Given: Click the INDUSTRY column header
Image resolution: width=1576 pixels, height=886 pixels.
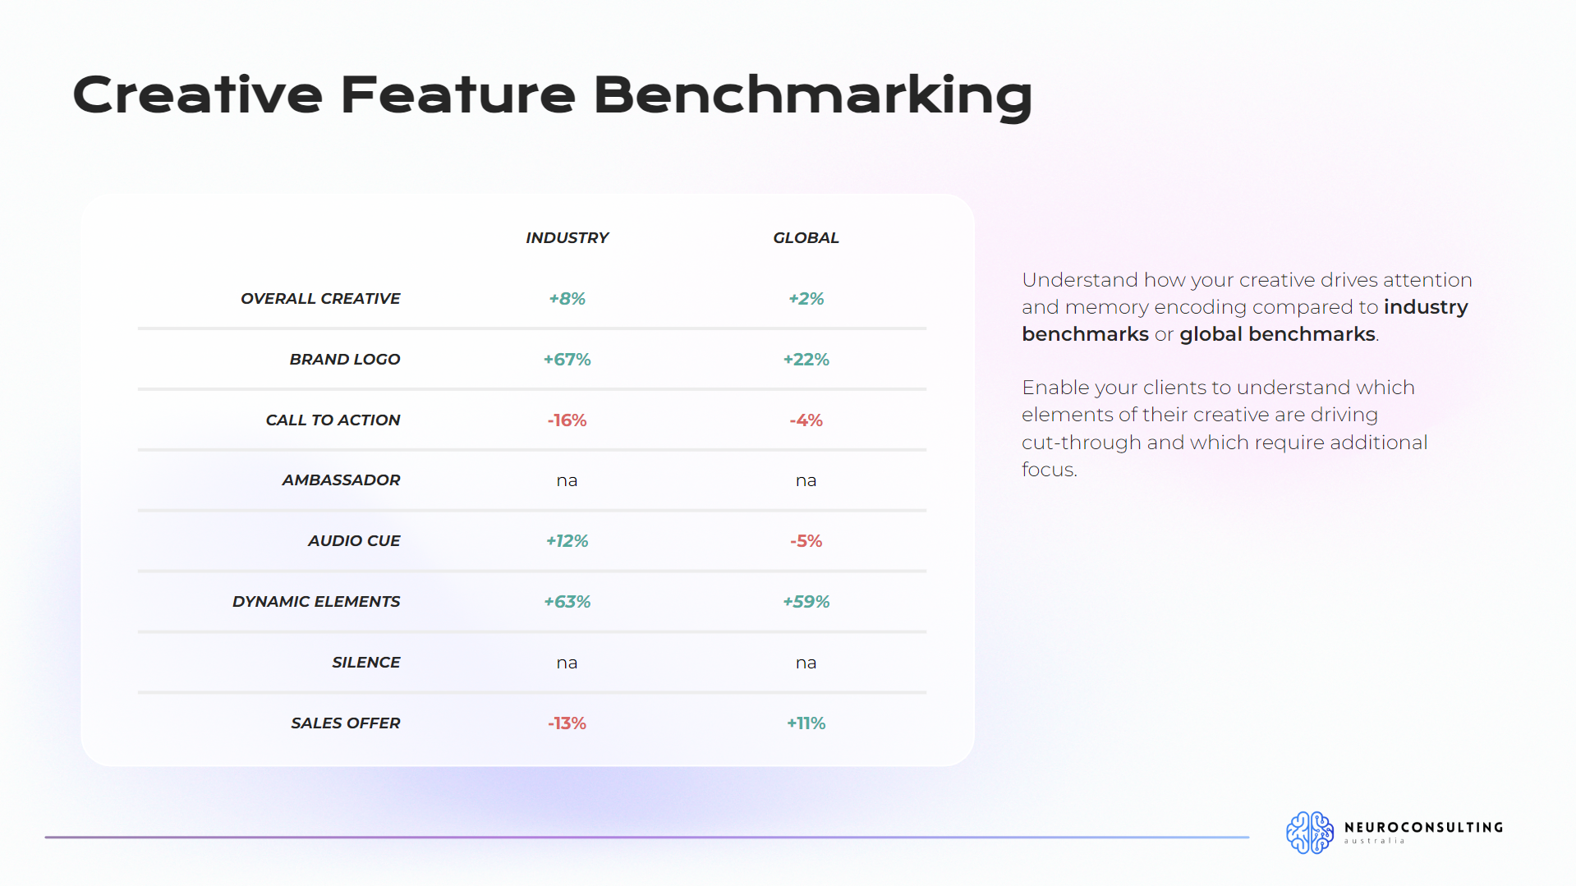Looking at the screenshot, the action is (x=567, y=237).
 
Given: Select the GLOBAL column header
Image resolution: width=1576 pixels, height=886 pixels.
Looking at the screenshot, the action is (x=806, y=237).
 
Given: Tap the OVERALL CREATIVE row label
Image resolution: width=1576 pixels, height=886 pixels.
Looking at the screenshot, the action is (x=320, y=298).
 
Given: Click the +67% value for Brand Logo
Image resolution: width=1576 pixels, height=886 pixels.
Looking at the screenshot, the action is (x=567, y=359).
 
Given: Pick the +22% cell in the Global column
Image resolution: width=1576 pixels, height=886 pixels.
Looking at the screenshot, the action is (x=806, y=359).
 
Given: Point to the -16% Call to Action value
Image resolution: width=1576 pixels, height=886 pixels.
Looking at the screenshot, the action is (x=567, y=420).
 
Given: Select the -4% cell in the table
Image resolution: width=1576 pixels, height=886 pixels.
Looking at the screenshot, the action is (x=806, y=420).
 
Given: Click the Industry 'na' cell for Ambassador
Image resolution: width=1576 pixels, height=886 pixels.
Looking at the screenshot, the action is (x=567, y=480).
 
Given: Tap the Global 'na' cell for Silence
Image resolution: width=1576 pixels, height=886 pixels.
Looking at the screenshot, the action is (x=806, y=663).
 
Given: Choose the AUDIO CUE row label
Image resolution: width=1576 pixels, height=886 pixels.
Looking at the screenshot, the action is (x=354, y=540).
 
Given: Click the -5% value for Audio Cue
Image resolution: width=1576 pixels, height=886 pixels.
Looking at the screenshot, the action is (x=806, y=540).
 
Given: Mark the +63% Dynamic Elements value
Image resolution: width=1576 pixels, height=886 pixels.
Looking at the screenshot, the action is (x=567, y=601).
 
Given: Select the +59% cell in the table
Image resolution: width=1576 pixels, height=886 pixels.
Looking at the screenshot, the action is (x=806, y=601).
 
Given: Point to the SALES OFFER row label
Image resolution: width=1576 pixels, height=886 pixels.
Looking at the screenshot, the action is (x=346, y=723).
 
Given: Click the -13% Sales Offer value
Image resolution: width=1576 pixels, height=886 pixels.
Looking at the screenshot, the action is (x=567, y=723).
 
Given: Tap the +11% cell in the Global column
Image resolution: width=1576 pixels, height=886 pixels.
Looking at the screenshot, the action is (x=806, y=723).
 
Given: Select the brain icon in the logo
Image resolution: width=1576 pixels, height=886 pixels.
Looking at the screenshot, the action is (x=1310, y=833).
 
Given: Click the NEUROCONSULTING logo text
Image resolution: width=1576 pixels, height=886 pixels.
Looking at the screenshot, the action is (x=1423, y=827).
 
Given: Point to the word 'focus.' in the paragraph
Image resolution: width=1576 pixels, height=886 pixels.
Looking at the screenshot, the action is (x=1049, y=470).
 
